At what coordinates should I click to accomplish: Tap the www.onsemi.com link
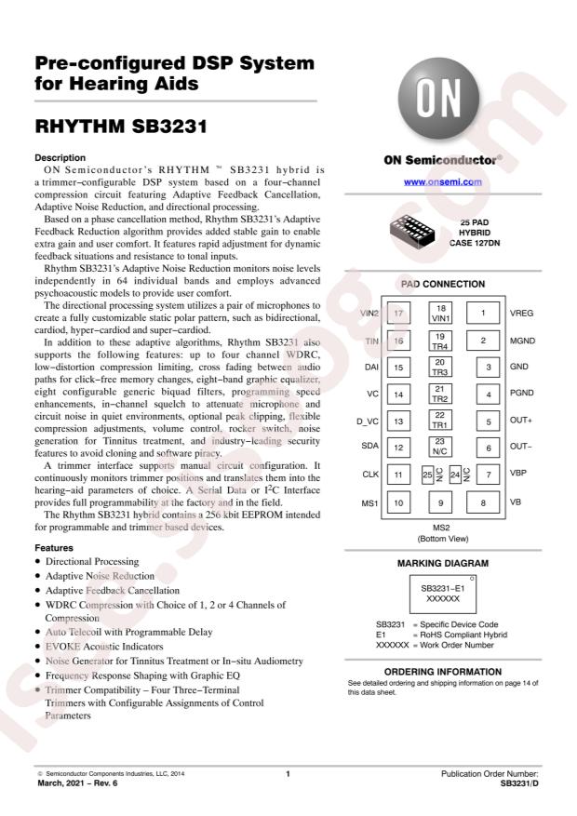(x=442, y=181)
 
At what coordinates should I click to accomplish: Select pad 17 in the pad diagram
(x=398, y=314)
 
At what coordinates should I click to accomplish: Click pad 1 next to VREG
(x=483, y=314)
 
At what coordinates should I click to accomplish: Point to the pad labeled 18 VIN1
(x=441, y=313)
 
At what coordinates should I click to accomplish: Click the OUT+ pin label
(x=521, y=421)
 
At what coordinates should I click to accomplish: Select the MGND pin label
(x=522, y=341)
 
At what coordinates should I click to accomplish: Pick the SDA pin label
(x=370, y=448)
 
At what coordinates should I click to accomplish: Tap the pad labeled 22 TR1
(x=441, y=420)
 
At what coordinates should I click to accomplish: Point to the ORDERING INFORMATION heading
(x=442, y=671)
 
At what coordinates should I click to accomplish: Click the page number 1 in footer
(x=288, y=773)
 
